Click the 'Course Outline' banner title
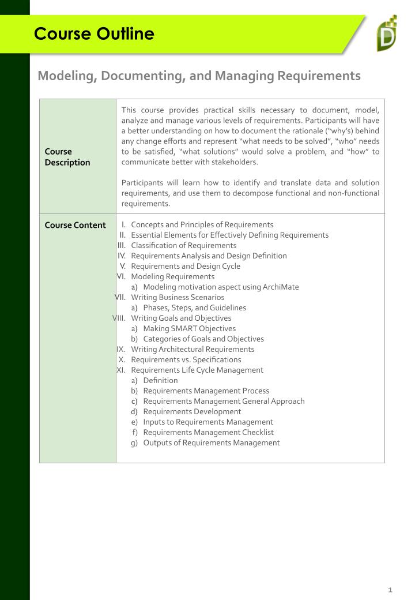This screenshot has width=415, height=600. (94, 34)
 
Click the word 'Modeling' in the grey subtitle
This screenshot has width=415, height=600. (63, 76)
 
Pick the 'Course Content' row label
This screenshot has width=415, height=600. (76, 225)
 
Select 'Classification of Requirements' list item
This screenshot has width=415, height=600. (183, 245)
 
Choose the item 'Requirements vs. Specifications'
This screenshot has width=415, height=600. (186, 359)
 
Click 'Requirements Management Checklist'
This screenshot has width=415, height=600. (208, 432)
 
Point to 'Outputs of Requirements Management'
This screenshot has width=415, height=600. (211, 442)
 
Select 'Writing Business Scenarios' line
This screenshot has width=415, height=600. (178, 297)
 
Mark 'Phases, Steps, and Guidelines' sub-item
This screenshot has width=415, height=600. (194, 307)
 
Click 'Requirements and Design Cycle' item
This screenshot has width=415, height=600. (186, 266)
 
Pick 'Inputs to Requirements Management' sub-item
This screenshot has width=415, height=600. (207, 422)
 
